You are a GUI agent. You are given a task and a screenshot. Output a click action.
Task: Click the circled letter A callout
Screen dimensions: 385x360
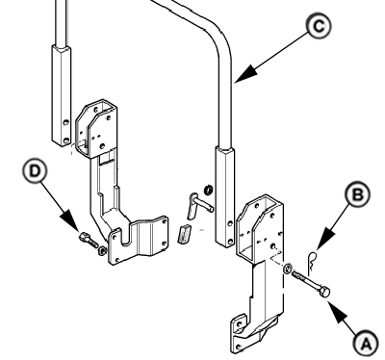click(366, 345)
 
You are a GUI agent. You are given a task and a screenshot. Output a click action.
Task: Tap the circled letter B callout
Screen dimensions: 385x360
click(358, 194)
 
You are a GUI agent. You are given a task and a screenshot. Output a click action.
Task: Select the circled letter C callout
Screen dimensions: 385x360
click(319, 27)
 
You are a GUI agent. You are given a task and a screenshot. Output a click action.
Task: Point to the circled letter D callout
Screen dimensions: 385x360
click(35, 170)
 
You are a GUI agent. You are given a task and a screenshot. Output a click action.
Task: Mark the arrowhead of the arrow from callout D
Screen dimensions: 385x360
click(71, 220)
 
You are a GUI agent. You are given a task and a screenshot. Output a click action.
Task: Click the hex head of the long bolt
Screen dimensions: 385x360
click(324, 292)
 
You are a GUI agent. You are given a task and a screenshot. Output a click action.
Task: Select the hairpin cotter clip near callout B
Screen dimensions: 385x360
click(312, 262)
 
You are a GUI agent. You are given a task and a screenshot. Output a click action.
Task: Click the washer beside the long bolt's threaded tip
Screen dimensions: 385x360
click(288, 268)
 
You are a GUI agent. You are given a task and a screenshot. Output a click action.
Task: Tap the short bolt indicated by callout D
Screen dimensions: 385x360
click(88, 240)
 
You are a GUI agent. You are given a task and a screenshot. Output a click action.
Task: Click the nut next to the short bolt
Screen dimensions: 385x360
click(102, 250)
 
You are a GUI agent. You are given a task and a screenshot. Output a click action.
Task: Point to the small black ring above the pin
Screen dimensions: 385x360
click(208, 190)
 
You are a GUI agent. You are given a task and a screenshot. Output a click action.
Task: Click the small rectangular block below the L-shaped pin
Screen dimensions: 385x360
click(184, 234)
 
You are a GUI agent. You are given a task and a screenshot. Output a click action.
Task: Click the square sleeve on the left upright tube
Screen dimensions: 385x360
click(62, 95)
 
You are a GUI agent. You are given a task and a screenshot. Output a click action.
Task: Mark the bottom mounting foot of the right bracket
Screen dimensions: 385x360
click(247, 334)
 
